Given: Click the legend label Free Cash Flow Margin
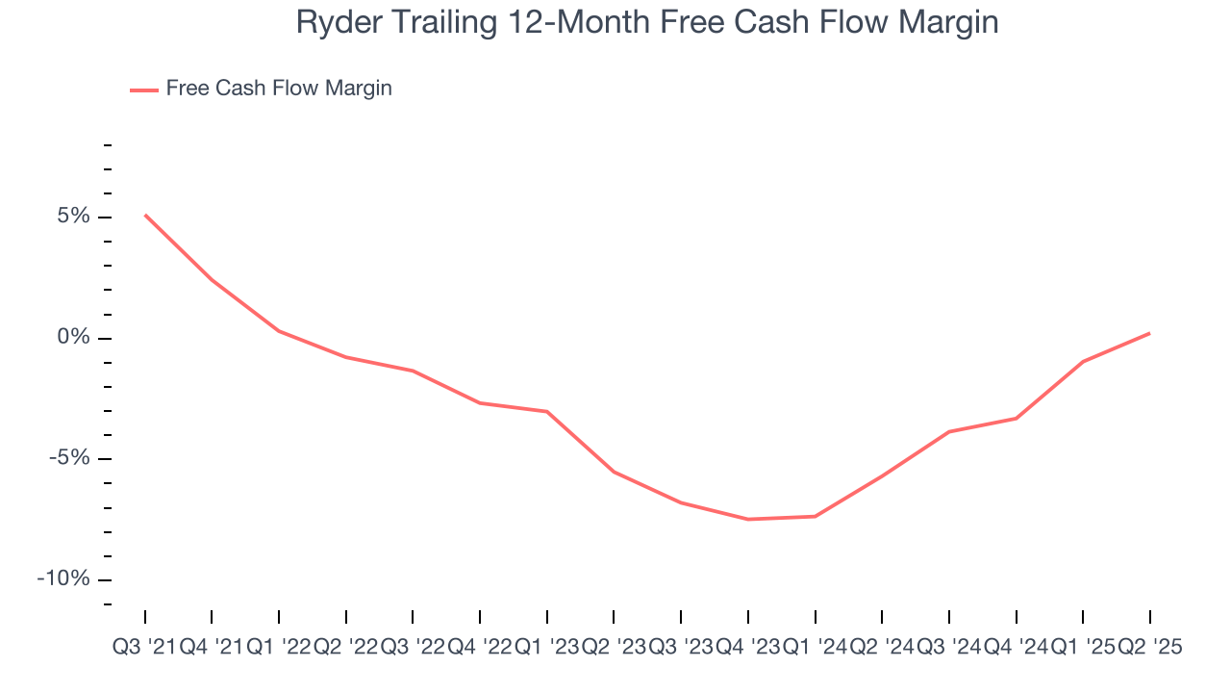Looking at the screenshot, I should (x=278, y=89).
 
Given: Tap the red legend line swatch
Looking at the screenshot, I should (x=144, y=90).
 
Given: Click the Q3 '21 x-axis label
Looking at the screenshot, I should (x=144, y=648).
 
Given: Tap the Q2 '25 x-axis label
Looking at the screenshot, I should (x=1149, y=648).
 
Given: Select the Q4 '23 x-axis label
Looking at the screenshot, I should (x=747, y=648).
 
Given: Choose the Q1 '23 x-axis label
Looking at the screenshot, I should (x=546, y=648).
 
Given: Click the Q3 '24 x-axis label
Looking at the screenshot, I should (x=948, y=648).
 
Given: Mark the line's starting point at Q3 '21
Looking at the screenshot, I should (x=145, y=215).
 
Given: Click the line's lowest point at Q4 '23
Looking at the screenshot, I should (x=747, y=519).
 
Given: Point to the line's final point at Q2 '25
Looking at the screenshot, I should (x=1149, y=333).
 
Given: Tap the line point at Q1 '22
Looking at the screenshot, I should (x=279, y=331).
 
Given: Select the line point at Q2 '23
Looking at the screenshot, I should (x=614, y=472).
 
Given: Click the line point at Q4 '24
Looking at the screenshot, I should (x=1016, y=418).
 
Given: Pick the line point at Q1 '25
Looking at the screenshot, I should (x=1083, y=361).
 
